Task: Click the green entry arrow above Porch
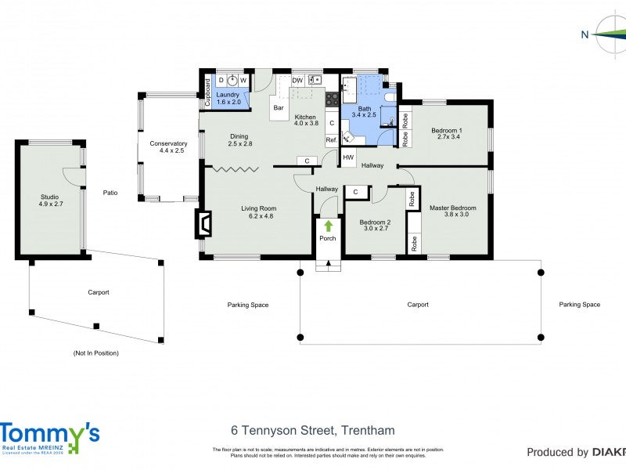[328, 226]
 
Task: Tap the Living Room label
[257, 208]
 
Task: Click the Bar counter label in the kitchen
[277, 108]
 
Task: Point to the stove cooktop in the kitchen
[332, 99]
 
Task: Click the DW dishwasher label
[297, 80]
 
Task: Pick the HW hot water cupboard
[347, 157]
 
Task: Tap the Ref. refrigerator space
[332, 140]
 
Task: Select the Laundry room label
[228, 94]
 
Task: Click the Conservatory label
[169, 143]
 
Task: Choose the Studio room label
[49, 197]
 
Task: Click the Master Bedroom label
[452, 208]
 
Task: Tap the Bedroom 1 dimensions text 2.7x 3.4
[450, 137]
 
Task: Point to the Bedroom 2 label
[374, 222]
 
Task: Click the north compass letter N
[585, 34]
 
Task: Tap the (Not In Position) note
[95, 353]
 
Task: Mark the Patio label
[110, 193]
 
